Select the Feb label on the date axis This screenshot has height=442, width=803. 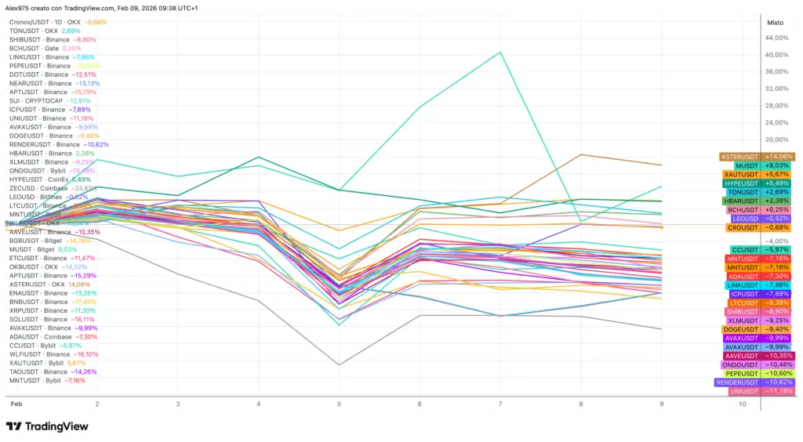pos(15,403)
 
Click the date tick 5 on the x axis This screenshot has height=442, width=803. pos(338,403)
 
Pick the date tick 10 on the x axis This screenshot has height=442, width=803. pos(743,403)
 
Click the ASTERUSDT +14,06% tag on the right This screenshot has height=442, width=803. pos(757,157)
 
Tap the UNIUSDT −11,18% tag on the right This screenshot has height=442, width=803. pos(757,391)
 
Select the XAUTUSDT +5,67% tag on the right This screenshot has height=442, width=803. pos(757,175)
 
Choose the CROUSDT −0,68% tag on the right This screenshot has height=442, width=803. pos(757,228)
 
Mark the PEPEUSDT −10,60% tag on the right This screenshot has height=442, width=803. pos(757,374)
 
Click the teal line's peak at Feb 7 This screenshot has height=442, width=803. pos(500,53)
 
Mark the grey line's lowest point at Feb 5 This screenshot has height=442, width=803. pos(338,364)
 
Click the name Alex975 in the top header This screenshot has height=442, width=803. pos(18,8)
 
